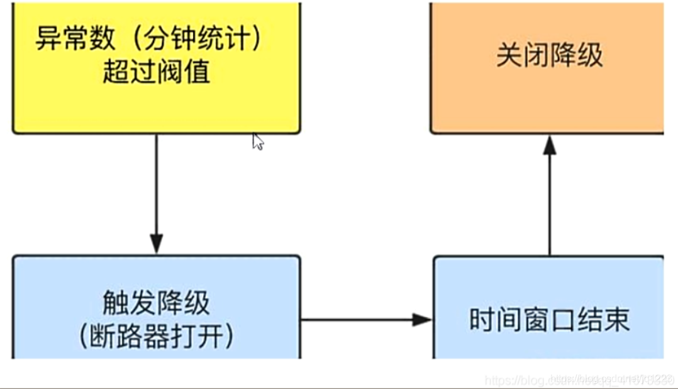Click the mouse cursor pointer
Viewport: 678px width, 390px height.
point(257,141)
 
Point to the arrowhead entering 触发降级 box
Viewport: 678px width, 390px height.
point(156,244)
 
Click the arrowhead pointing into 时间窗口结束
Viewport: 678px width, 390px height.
point(422,320)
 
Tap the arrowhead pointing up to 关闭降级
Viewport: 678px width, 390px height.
point(550,145)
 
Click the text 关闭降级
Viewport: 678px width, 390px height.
point(549,56)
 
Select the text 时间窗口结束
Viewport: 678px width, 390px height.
point(549,320)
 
